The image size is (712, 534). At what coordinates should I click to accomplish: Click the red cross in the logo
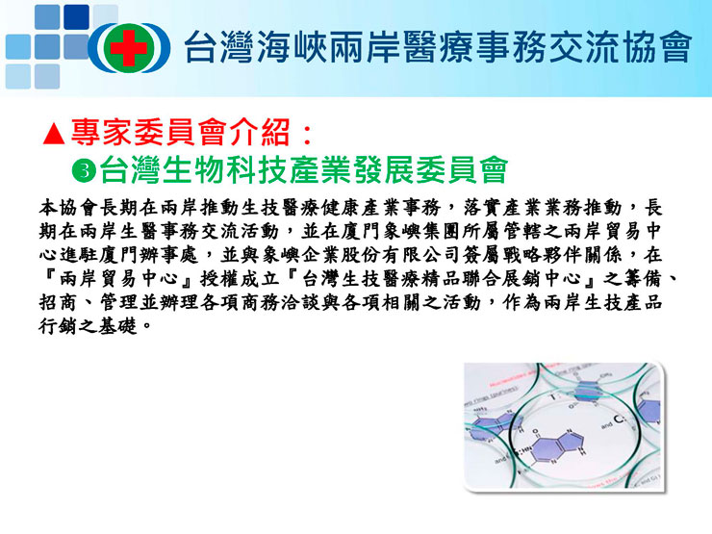tap(129, 48)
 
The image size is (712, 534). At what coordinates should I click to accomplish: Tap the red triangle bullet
tap(54, 134)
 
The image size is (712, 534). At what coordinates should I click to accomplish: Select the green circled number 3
tap(84, 170)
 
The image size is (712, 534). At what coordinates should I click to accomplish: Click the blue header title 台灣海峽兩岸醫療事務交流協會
tap(438, 47)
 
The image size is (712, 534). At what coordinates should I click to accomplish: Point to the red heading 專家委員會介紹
tap(180, 133)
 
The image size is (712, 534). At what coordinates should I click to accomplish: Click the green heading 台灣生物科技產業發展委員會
tap(303, 170)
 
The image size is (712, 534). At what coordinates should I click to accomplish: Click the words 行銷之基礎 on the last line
tap(88, 325)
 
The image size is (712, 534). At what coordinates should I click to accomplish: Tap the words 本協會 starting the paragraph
tap(68, 208)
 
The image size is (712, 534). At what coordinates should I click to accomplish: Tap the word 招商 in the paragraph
tap(59, 302)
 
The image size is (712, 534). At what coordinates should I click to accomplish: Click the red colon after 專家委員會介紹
tap(308, 135)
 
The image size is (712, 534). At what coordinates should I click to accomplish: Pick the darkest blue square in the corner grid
tap(76, 17)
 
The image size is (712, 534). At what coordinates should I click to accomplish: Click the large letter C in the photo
tap(619, 419)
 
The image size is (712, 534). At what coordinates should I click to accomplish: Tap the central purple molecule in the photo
tap(554, 444)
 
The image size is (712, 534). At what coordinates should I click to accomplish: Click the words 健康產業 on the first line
tap(362, 208)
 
